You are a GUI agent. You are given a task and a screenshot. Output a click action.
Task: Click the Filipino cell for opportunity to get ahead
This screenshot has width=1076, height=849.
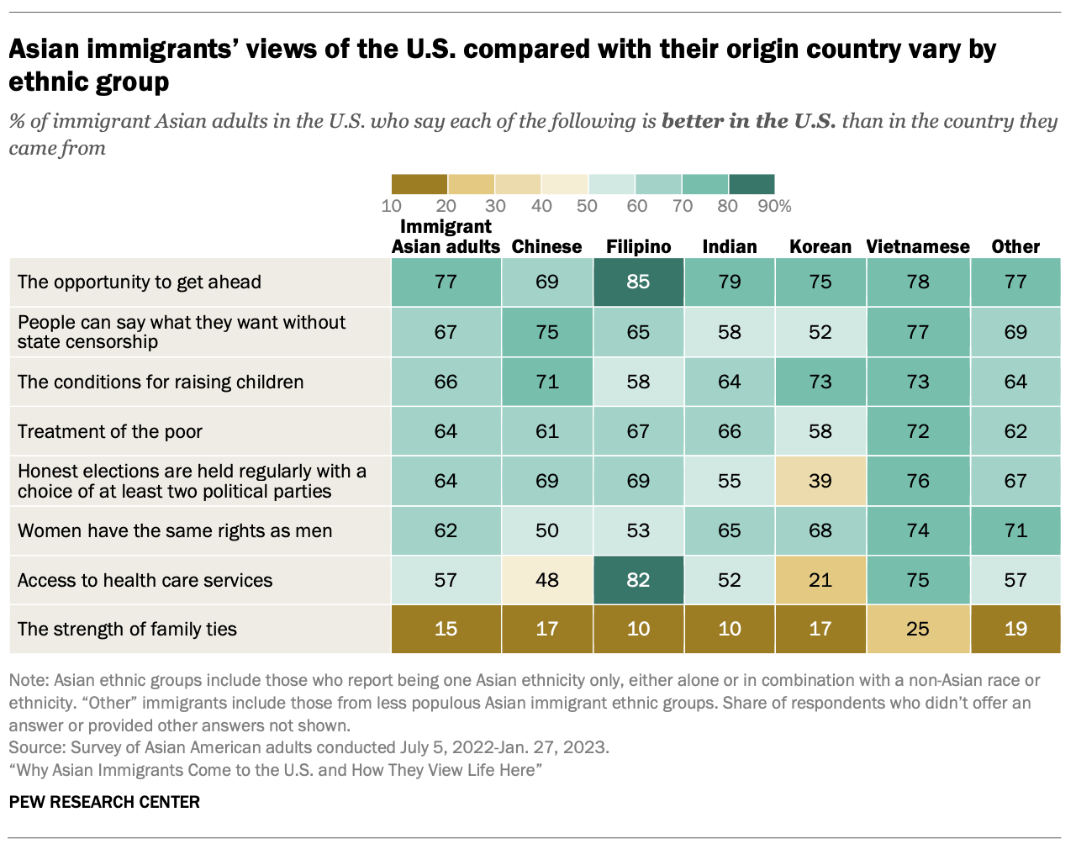638,282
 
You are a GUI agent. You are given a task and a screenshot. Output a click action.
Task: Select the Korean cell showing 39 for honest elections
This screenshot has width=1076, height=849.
820,481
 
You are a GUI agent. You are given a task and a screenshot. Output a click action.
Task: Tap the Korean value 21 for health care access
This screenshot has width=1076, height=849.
820,580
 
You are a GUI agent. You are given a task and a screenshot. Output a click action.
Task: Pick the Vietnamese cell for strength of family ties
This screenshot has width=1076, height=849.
918,629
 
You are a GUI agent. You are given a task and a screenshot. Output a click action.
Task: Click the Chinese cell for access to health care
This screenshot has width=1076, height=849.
546,580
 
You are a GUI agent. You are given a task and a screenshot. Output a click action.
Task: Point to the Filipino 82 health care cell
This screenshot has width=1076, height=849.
638,580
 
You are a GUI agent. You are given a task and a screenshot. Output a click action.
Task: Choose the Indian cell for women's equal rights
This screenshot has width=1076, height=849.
729,530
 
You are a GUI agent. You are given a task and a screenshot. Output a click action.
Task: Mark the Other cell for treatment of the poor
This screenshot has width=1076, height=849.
1015,431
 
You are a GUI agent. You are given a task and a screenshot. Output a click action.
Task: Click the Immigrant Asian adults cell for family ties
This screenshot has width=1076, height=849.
446,629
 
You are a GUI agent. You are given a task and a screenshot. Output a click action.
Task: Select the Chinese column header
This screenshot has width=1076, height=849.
546,246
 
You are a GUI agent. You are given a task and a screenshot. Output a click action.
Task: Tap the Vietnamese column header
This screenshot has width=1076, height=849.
918,246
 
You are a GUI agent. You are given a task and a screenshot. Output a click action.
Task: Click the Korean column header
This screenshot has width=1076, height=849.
820,246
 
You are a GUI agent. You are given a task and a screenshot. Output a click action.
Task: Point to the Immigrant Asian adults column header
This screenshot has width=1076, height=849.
446,236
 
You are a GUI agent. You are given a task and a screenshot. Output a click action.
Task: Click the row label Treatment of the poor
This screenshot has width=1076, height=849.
110,431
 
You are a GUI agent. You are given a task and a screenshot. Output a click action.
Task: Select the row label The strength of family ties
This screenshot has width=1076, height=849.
127,629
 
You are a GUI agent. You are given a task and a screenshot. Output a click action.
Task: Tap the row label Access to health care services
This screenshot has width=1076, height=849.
145,580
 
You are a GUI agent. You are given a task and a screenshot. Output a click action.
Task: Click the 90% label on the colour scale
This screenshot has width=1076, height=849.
773,206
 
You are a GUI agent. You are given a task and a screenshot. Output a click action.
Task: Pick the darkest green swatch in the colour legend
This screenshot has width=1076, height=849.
752,184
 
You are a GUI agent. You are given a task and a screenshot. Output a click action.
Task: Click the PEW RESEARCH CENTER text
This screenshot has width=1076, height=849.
104,802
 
